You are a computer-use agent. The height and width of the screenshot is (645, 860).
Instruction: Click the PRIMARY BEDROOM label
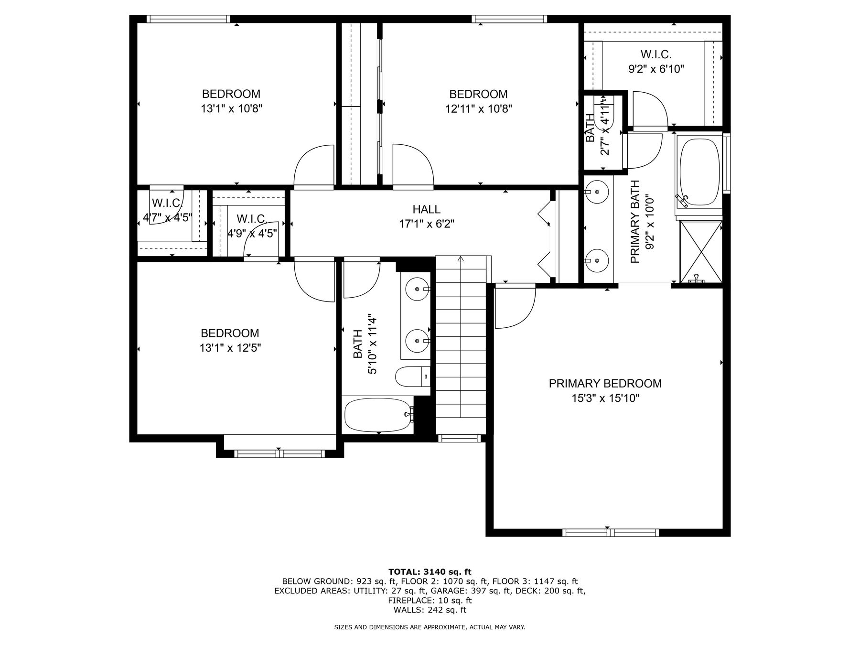coord(605,383)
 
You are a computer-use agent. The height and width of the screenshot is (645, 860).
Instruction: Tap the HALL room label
coord(426,209)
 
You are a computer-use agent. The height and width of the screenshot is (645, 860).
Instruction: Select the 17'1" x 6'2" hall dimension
coord(426,224)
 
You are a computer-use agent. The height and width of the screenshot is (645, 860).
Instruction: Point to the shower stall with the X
coord(700,252)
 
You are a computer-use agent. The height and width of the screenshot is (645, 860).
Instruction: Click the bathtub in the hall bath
coord(378,415)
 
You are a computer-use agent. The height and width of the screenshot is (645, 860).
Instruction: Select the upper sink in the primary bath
coord(597,192)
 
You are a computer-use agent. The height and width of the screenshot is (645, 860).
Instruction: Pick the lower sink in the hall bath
coord(418,341)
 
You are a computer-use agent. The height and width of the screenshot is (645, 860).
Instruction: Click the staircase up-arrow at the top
coord(461,259)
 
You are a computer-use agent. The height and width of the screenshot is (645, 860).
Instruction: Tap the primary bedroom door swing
coord(515,306)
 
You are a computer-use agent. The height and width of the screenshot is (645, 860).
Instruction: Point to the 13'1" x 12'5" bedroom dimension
coord(230,348)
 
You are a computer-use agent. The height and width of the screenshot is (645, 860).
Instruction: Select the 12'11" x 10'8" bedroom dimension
coord(479,109)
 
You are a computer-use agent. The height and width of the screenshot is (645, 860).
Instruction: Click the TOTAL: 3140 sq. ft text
coord(430,571)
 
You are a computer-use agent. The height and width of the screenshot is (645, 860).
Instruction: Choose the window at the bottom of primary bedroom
coord(611,532)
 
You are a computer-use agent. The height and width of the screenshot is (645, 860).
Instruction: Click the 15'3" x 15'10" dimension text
coord(605,398)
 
